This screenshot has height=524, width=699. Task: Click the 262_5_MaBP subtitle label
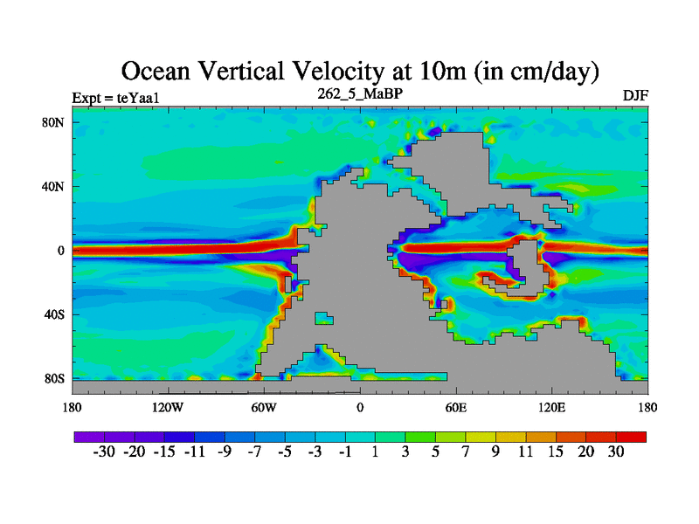pos(360,93)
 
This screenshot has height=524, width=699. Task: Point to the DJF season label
pos(635,95)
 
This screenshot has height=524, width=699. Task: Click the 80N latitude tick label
pos(54,122)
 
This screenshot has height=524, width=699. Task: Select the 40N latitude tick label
pos(54,186)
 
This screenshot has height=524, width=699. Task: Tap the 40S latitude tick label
pos(54,314)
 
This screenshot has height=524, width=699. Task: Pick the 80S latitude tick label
pos(54,378)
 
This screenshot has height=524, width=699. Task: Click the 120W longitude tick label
pos(168,407)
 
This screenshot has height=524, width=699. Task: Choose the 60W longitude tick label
pos(264,407)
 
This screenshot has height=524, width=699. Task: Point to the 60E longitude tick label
pos(456,407)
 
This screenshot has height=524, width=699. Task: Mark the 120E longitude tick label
pos(552,407)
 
